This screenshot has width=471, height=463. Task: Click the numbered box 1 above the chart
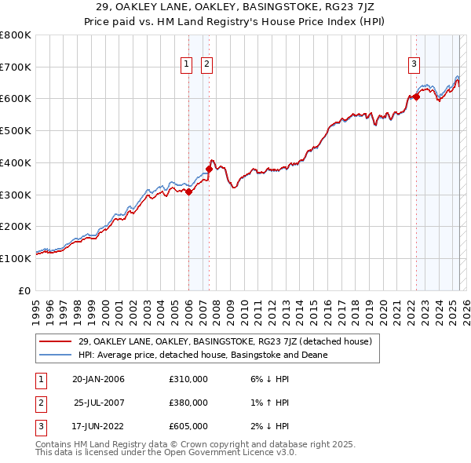[188, 65]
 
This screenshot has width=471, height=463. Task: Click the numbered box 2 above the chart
[207, 65]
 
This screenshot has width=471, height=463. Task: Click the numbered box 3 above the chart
[414, 65]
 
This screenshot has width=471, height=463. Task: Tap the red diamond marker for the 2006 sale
[188, 191]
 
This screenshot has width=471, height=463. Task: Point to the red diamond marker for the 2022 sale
[416, 97]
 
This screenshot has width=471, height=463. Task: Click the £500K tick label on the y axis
[16, 131]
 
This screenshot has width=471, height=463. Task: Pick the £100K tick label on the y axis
[16, 258]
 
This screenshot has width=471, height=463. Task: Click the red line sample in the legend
[56, 341]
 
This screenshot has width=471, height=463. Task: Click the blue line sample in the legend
[56, 355]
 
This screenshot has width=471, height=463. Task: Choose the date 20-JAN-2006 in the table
[98, 379]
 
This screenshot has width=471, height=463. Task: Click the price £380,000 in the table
[188, 403]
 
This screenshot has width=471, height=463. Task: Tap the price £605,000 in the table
[188, 427]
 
